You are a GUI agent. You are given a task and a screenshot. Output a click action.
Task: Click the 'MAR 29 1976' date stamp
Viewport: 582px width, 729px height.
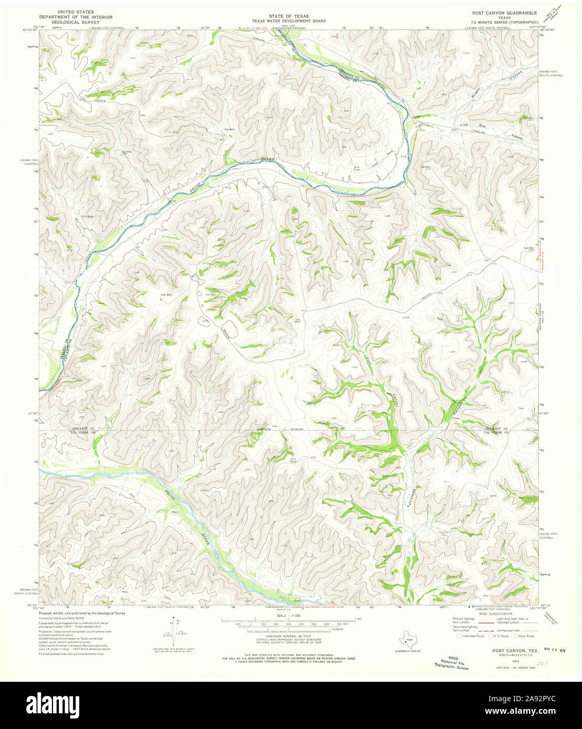pos(555,649)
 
